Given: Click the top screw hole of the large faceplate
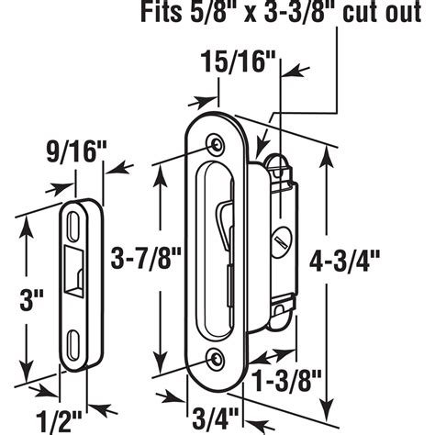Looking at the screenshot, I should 216,144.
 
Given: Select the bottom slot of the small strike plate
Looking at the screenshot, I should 73,343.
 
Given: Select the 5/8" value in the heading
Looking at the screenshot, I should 220,14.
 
